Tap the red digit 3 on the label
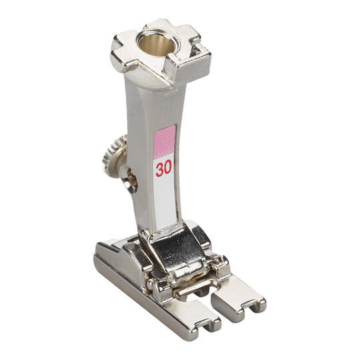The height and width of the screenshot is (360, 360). pos(159,169)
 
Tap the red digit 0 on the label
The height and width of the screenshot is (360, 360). pos(168,167)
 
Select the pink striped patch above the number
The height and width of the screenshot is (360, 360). pos(165,142)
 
